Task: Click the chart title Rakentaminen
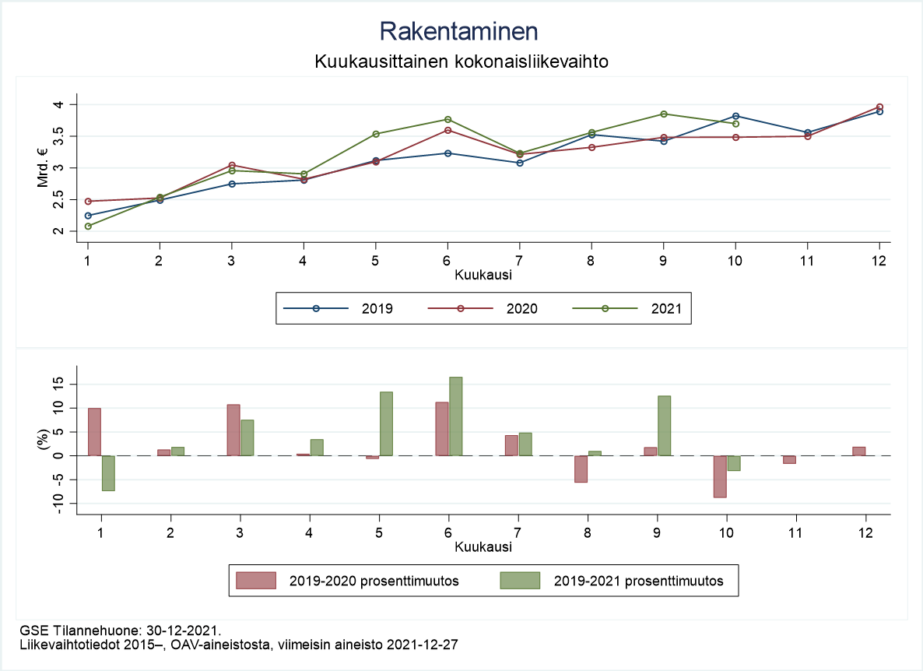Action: (459, 31)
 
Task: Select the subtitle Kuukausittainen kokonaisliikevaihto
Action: (461, 61)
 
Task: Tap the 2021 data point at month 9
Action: (664, 114)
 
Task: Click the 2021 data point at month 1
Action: (88, 226)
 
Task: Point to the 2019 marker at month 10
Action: (735, 116)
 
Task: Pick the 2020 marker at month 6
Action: (447, 130)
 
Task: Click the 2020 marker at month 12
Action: (879, 107)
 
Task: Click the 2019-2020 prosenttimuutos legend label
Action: (373, 581)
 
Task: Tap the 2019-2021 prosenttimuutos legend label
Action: (638, 581)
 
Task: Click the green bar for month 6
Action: (456, 416)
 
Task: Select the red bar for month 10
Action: (721, 476)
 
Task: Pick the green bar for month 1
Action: (108, 473)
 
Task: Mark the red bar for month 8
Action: (581, 469)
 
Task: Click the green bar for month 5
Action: (386, 423)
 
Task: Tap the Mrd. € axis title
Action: (44, 167)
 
